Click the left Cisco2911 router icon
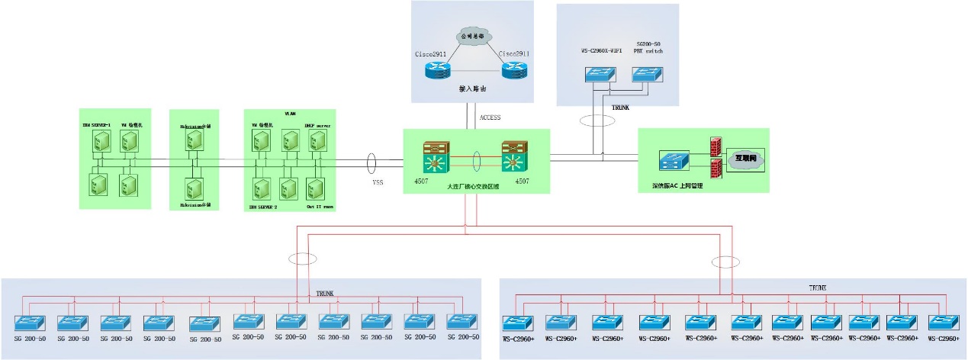439,72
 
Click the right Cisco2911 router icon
515,72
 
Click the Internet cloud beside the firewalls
745,160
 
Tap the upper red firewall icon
716,146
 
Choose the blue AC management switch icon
675,161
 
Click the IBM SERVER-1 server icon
99,141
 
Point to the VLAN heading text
288,113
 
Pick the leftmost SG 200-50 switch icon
31,322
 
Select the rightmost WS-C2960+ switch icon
943,322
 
